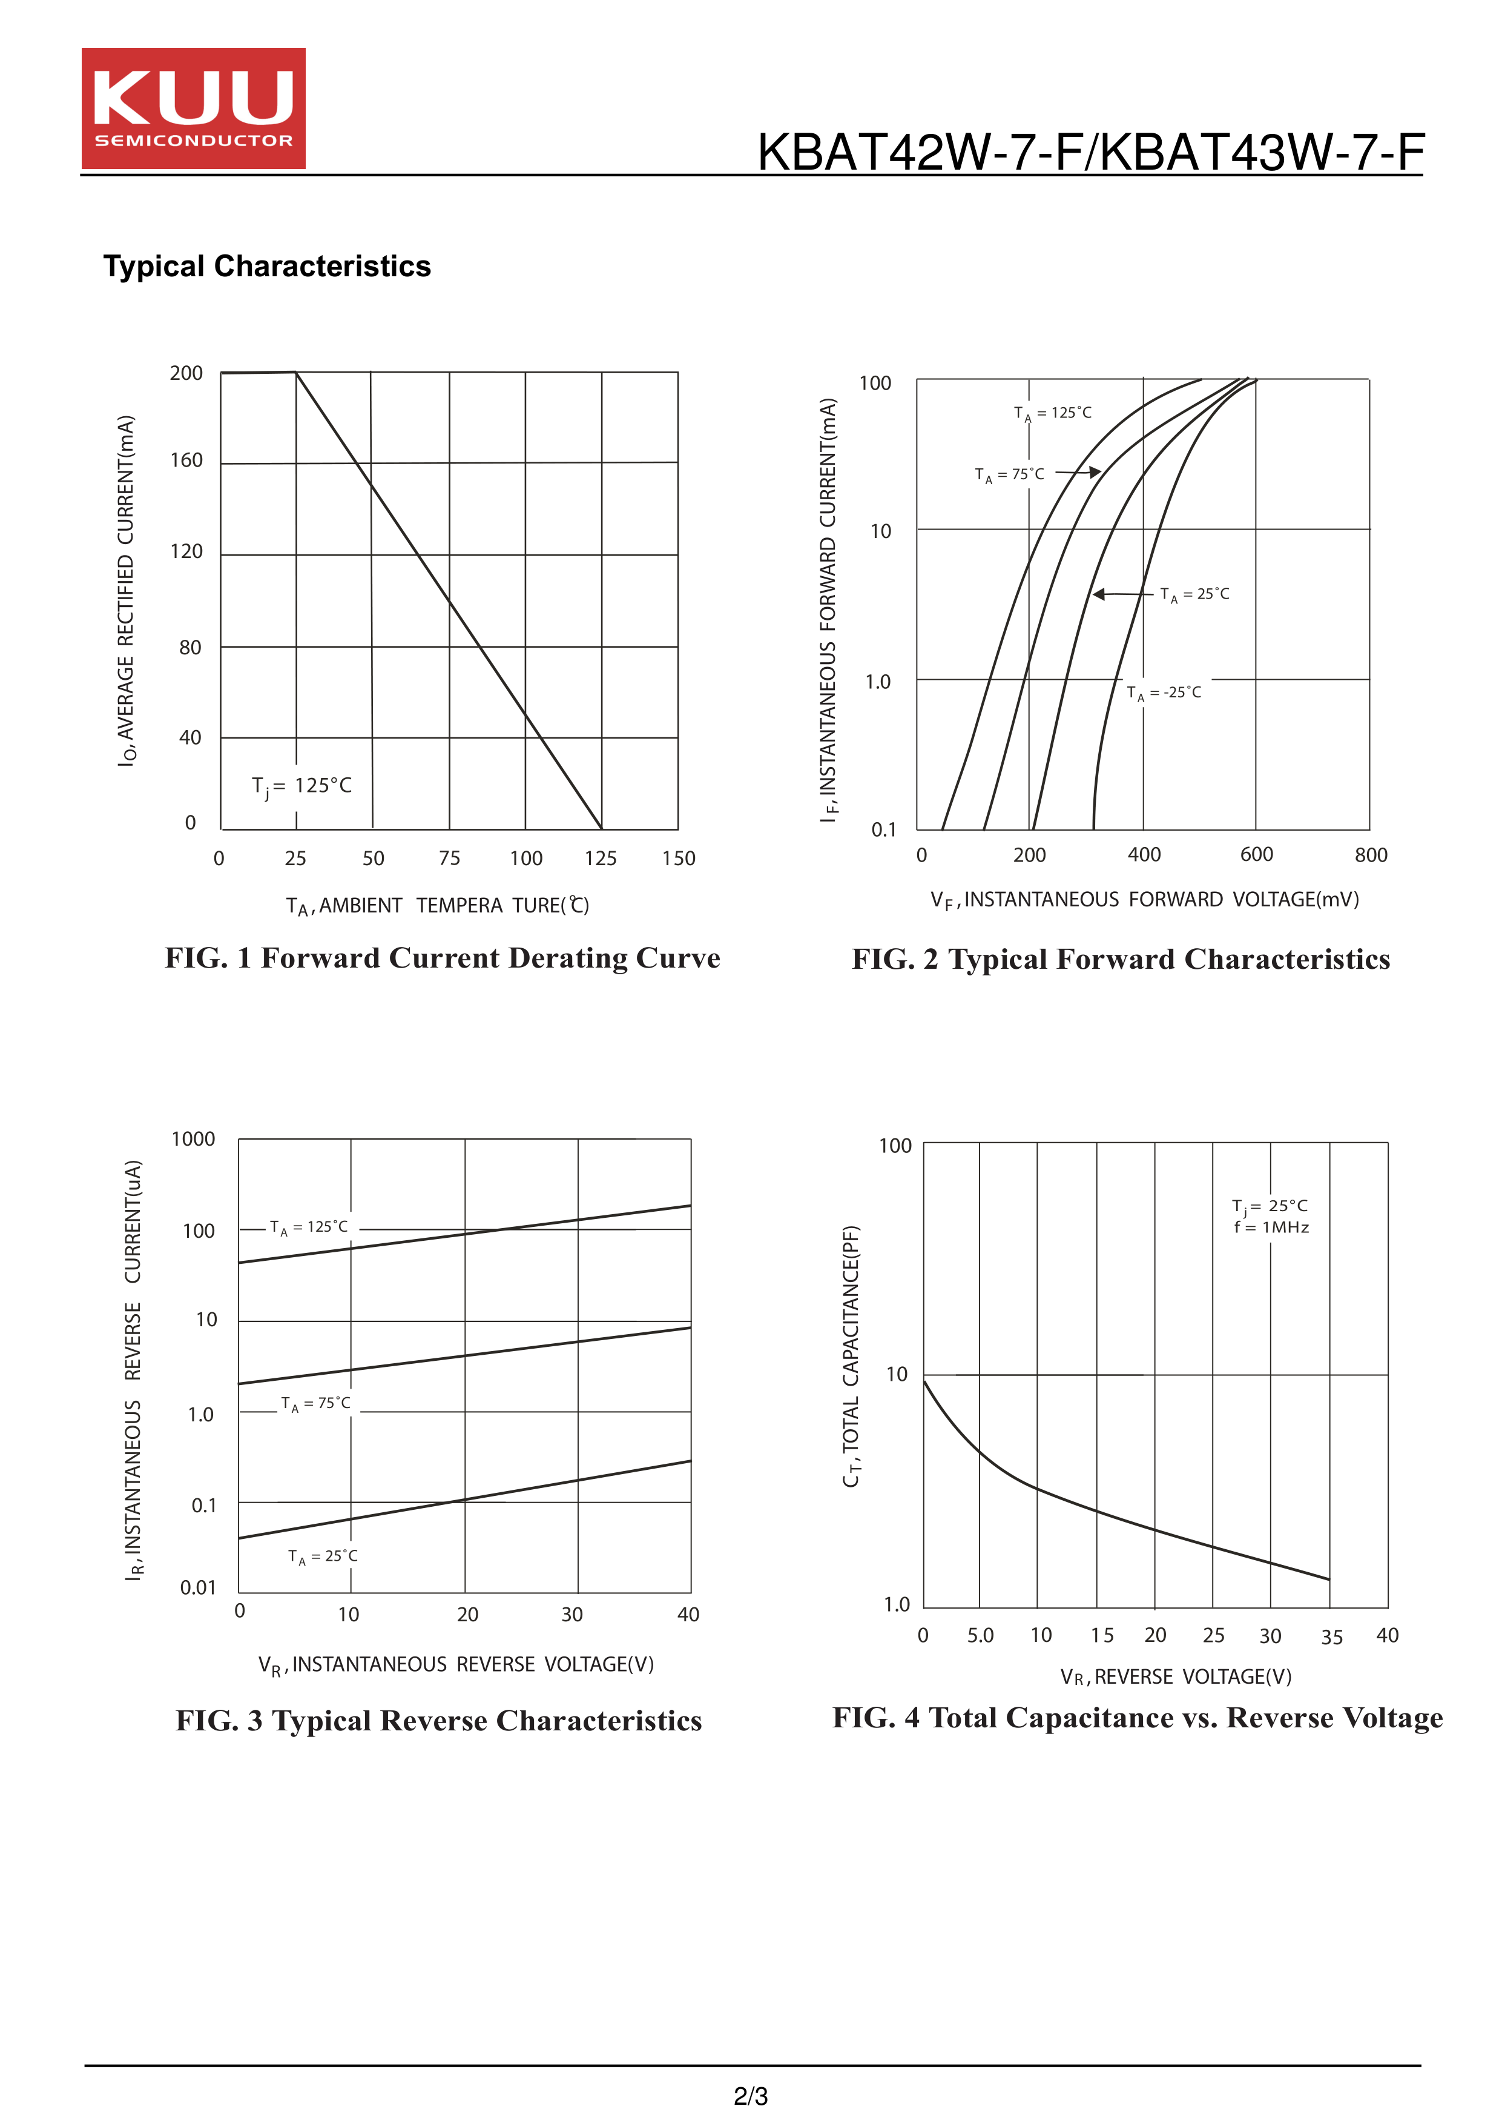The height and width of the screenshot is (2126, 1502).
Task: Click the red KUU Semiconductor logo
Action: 193,108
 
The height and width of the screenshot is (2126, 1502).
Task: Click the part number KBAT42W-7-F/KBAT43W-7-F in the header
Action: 1090,153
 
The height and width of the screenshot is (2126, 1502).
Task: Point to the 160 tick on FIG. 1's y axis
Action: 186,460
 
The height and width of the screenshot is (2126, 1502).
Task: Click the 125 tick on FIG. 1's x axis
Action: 601,859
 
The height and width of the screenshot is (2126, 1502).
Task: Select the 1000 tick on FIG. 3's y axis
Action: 193,1140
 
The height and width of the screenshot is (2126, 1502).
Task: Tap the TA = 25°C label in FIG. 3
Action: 322,1556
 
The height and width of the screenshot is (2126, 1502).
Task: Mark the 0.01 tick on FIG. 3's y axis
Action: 198,1588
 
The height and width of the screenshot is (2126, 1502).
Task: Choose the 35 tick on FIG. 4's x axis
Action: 1331,1637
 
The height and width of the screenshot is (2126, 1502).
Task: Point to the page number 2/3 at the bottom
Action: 751,2096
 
